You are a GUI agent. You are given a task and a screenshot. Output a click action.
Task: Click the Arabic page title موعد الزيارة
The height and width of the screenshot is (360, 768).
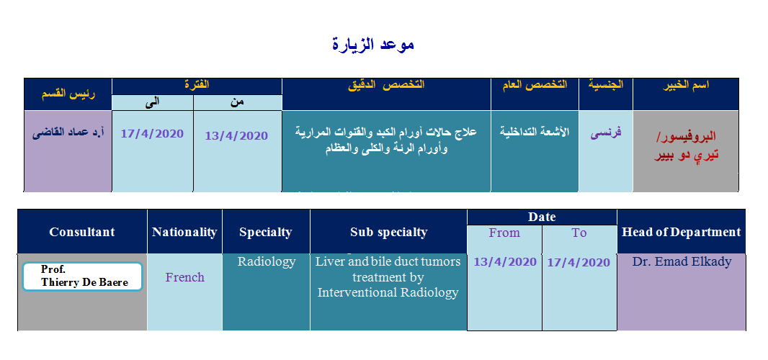click(373, 44)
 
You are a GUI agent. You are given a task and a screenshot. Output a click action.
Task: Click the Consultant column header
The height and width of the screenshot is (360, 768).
click(82, 232)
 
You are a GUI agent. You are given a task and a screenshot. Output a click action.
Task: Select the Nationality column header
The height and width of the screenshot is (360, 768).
click(184, 232)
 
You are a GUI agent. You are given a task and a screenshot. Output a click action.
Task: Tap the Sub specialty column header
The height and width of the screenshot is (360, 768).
click(388, 232)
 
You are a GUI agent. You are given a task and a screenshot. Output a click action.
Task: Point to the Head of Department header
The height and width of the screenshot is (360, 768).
click(682, 232)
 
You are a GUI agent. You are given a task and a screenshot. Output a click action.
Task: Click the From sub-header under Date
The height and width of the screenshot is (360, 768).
click(504, 233)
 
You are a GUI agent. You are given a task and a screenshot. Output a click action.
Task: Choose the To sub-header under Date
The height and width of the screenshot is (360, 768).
click(579, 233)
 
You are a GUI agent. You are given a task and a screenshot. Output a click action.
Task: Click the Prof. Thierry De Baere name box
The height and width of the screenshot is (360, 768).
click(82, 276)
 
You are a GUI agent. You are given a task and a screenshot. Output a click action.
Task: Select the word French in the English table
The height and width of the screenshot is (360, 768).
click(184, 277)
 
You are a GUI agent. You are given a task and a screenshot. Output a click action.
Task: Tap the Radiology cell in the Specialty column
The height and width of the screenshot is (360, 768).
click(267, 261)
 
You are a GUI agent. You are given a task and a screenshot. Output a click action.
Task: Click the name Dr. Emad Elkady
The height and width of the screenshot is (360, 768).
click(682, 261)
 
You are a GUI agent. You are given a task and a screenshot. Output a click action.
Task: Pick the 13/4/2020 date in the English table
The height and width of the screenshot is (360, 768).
click(505, 262)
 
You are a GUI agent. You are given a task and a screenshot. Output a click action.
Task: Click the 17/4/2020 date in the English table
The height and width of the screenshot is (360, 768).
click(579, 263)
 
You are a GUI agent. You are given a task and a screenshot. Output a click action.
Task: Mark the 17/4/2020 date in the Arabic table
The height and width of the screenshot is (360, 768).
click(152, 134)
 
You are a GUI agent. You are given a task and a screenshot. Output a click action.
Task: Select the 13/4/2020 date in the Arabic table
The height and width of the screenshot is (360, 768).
click(236, 135)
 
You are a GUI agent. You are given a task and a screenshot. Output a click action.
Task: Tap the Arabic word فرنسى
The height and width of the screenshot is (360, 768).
click(605, 132)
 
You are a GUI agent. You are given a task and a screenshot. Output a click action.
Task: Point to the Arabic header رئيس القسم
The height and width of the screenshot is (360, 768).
click(68, 94)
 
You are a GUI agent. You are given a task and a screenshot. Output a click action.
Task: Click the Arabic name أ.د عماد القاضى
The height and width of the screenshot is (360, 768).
click(68, 133)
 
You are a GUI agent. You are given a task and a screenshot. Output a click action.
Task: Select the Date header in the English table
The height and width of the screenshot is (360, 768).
click(542, 217)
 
